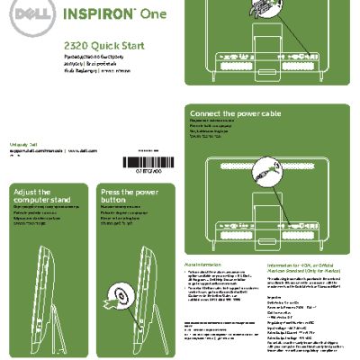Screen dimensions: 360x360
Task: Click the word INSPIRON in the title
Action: pyautogui.click(x=103, y=15)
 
